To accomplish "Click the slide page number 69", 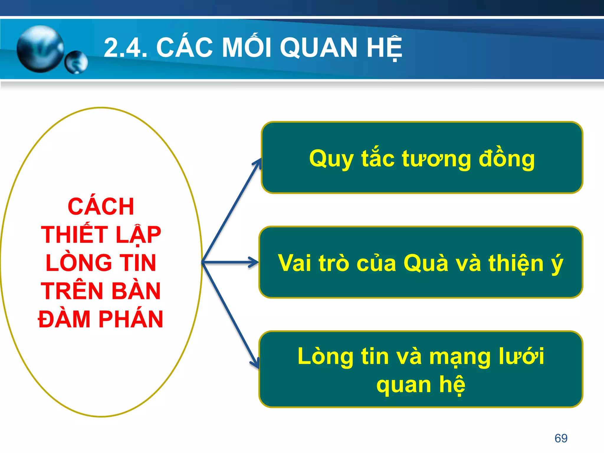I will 561,438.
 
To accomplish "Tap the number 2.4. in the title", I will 126,48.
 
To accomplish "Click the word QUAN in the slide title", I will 319,48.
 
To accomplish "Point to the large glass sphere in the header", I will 40,49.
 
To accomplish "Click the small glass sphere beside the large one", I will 76,62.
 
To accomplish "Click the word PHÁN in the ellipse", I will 131,319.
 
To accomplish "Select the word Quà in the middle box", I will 426,263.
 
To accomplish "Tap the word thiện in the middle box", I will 516,263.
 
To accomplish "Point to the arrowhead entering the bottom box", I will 255,363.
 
